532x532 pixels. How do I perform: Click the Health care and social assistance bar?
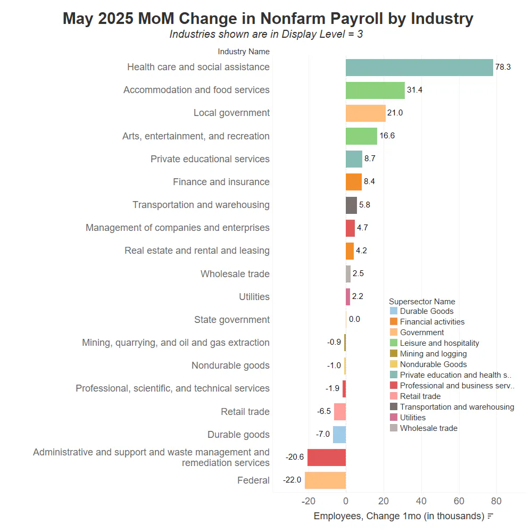coord(419,68)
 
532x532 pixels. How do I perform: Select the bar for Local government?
coord(366,113)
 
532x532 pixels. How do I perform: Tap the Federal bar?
coord(326,480)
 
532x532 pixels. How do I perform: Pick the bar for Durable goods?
coord(339,435)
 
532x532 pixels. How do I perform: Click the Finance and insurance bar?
coord(354,182)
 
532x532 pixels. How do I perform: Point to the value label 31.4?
coord(414,90)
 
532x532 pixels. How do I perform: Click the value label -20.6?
coord(295,457)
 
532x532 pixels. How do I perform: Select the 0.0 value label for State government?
coord(354,319)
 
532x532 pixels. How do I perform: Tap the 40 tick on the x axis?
coord(421,501)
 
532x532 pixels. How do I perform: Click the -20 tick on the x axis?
coord(309,501)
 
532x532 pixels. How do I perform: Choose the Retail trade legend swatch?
coord(394,396)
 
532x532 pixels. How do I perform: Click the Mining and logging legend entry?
coord(428,354)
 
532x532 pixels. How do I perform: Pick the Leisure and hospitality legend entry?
coord(434,343)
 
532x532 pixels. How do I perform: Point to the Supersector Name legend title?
coord(422,302)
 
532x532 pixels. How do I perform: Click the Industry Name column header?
coord(244,52)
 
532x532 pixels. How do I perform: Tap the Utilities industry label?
coord(254,297)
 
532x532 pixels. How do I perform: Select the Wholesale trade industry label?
coord(235,274)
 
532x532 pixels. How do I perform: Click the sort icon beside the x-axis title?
coord(491,516)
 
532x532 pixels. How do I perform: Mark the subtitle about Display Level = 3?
coord(267,34)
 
